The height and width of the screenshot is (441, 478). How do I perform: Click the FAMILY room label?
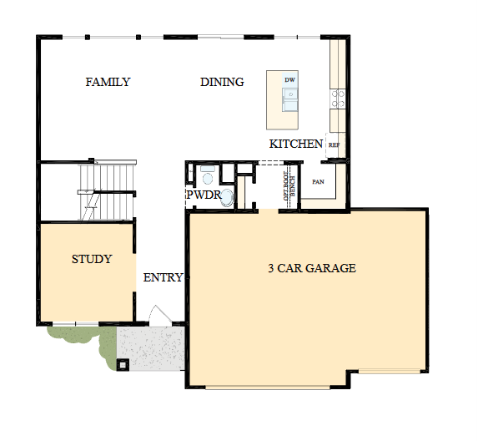point(108,82)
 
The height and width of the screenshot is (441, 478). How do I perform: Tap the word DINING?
point(222,82)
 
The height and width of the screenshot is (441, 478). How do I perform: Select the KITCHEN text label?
point(295,144)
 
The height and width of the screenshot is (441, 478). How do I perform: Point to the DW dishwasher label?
point(289,80)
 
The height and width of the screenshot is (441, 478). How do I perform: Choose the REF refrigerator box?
point(334,144)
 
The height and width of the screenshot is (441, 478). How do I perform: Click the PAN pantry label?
point(318,181)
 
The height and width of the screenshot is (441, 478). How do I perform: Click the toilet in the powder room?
point(208,176)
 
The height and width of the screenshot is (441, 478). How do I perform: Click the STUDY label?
point(91,259)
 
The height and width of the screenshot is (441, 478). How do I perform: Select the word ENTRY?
point(163,277)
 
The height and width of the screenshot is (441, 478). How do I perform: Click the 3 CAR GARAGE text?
point(311,268)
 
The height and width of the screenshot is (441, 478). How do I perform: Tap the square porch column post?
point(124,364)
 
